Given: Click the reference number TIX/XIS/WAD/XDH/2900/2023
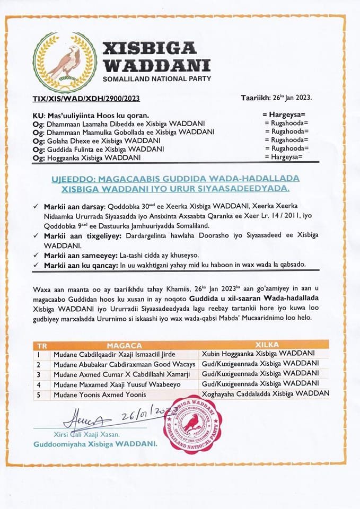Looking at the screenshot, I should pos(79,98).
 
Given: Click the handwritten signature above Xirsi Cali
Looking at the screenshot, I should pos(85,420).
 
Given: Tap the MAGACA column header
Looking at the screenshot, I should pos(124,345).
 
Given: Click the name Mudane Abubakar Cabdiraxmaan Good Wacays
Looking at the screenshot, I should pos(124,364).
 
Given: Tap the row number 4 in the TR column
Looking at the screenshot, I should pos(39,383).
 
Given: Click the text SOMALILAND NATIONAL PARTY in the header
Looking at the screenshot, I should pos(156,79).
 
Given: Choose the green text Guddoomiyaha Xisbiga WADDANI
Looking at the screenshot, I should pos(95,444).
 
